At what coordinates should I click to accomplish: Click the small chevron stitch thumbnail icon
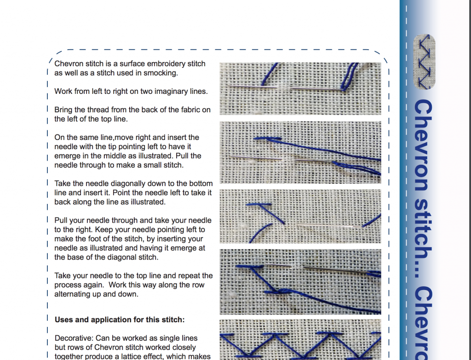[x=425, y=61]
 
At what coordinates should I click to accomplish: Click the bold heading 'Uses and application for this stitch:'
[x=120, y=319]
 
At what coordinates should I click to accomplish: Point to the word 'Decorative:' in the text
[x=74, y=338]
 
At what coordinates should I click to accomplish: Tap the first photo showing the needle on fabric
[x=300, y=88]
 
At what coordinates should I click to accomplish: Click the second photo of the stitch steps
[x=300, y=152]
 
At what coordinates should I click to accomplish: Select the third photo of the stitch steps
[x=300, y=216]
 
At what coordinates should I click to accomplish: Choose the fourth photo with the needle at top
[x=300, y=281]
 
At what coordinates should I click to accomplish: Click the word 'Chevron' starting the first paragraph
[x=69, y=64]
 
